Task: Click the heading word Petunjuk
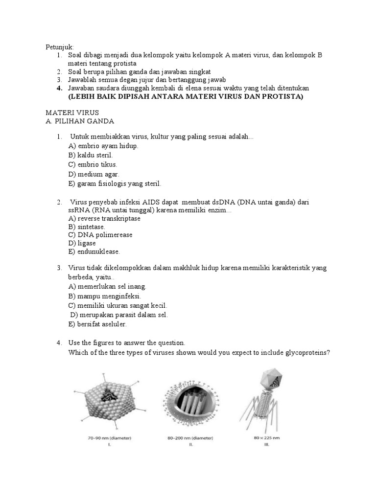[x=59, y=47]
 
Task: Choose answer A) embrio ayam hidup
[x=103, y=146]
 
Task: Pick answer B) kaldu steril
[x=91, y=155]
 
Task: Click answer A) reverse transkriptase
[x=104, y=218]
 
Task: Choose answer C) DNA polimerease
[x=100, y=235]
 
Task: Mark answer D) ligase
[x=82, y=243]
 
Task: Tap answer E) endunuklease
[x=94, y=251]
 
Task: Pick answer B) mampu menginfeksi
[x=104, y=296]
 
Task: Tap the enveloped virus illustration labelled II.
[x=189, y=399]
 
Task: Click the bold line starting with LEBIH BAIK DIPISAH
[x=186, y=96]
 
